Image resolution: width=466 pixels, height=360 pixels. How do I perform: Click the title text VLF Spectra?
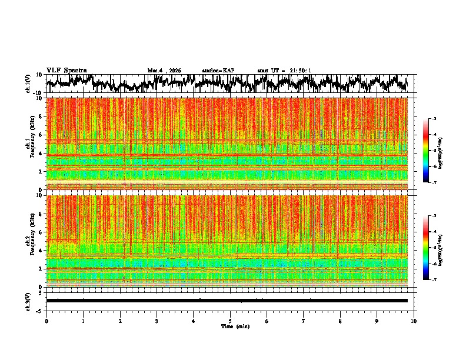[x=66, y=71]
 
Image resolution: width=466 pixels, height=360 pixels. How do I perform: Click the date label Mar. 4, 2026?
[x=164, y=71]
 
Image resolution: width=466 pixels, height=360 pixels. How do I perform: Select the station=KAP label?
[x=218, y=71]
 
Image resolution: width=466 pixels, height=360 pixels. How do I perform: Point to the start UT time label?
[x=284, y=71]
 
